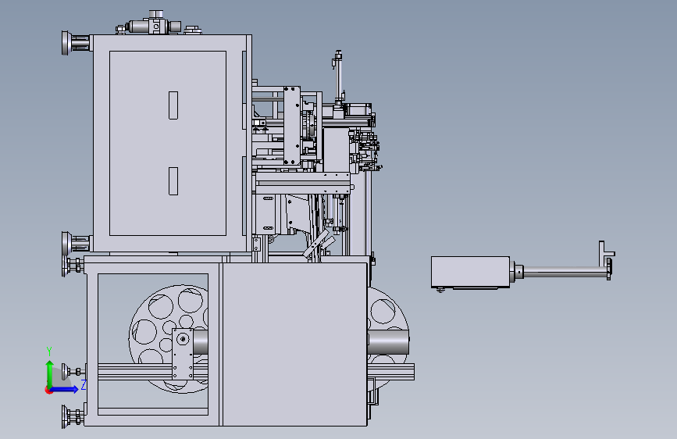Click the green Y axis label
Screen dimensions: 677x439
coord(49,351)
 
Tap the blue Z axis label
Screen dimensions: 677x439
coord(84,384)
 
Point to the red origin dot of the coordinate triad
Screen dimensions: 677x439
coord(48,390)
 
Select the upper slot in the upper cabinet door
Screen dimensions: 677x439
coord(173,105)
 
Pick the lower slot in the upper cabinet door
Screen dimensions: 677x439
coord(173,181)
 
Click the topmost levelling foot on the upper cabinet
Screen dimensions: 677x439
coord(75,43)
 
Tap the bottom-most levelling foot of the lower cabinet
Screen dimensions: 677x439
coord(73,417)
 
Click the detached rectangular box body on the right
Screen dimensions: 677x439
coord(470,272)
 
